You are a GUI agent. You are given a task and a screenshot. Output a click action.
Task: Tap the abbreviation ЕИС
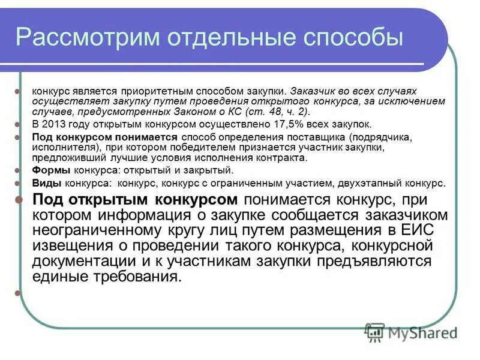[x=415, y=230]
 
